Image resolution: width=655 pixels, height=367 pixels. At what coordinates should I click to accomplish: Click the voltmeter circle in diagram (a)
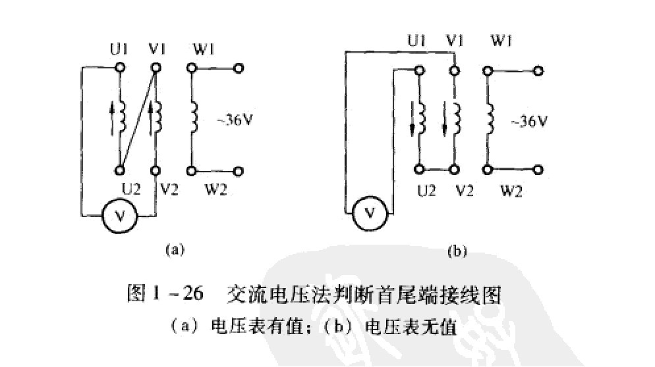point(119,214)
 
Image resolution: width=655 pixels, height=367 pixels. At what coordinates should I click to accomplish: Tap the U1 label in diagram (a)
point(119,48)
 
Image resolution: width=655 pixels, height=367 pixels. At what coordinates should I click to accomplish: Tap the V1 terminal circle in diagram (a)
point(156,68)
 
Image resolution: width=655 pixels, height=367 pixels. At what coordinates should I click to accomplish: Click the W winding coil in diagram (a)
point(194,118)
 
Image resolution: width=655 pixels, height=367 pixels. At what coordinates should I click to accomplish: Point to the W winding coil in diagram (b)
point(491,118)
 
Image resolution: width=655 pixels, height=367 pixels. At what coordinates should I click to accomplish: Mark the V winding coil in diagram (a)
point(157,118)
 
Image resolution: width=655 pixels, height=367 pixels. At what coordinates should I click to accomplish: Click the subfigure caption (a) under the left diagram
point(173,249)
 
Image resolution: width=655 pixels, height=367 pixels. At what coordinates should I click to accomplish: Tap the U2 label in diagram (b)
point(426,191)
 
